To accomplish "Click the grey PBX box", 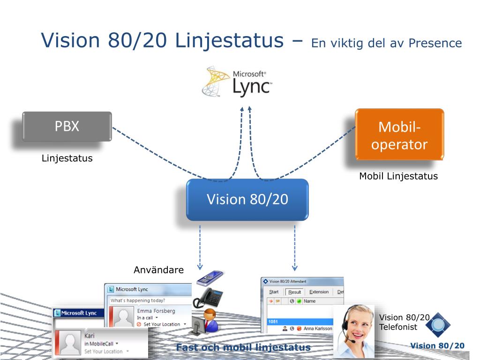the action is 67,127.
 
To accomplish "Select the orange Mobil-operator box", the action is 399,135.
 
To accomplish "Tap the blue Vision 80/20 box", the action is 247,199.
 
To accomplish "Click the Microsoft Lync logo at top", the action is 237,82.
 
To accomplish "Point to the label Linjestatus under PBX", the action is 67,158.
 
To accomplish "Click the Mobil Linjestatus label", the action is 398,176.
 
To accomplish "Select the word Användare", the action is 159,270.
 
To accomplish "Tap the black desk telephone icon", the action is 208,296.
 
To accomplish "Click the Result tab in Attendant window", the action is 295,292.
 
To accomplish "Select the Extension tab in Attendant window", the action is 319,292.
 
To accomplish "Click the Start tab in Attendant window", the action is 274,292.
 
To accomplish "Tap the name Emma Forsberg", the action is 156,311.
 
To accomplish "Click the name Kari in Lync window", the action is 89,336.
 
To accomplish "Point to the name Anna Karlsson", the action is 318,329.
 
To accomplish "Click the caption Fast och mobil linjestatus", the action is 243,347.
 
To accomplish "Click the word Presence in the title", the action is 435,43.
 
